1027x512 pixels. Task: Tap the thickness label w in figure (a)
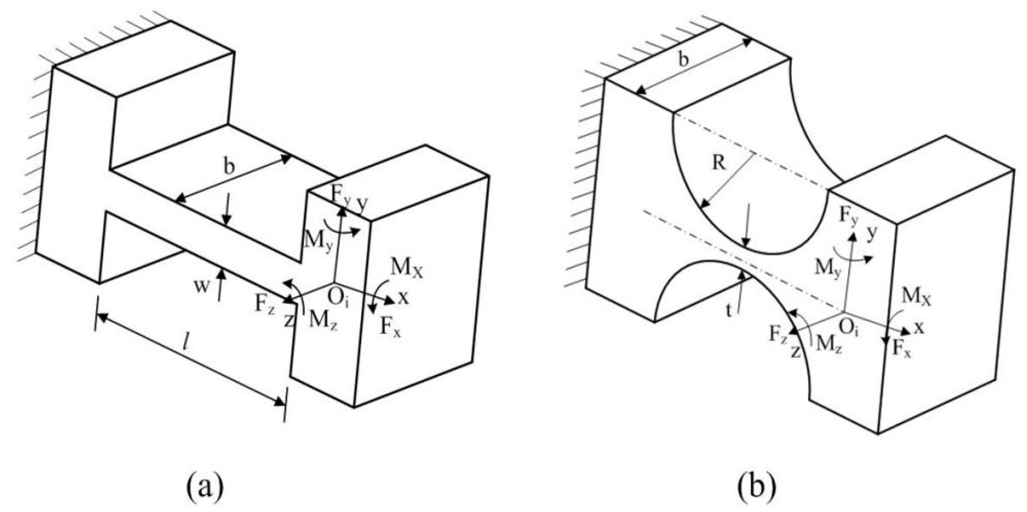click(202, 286)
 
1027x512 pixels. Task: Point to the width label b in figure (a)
click(229, 167)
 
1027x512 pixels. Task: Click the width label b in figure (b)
click(683, 59)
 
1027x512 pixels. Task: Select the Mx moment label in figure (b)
click(916, 297)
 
